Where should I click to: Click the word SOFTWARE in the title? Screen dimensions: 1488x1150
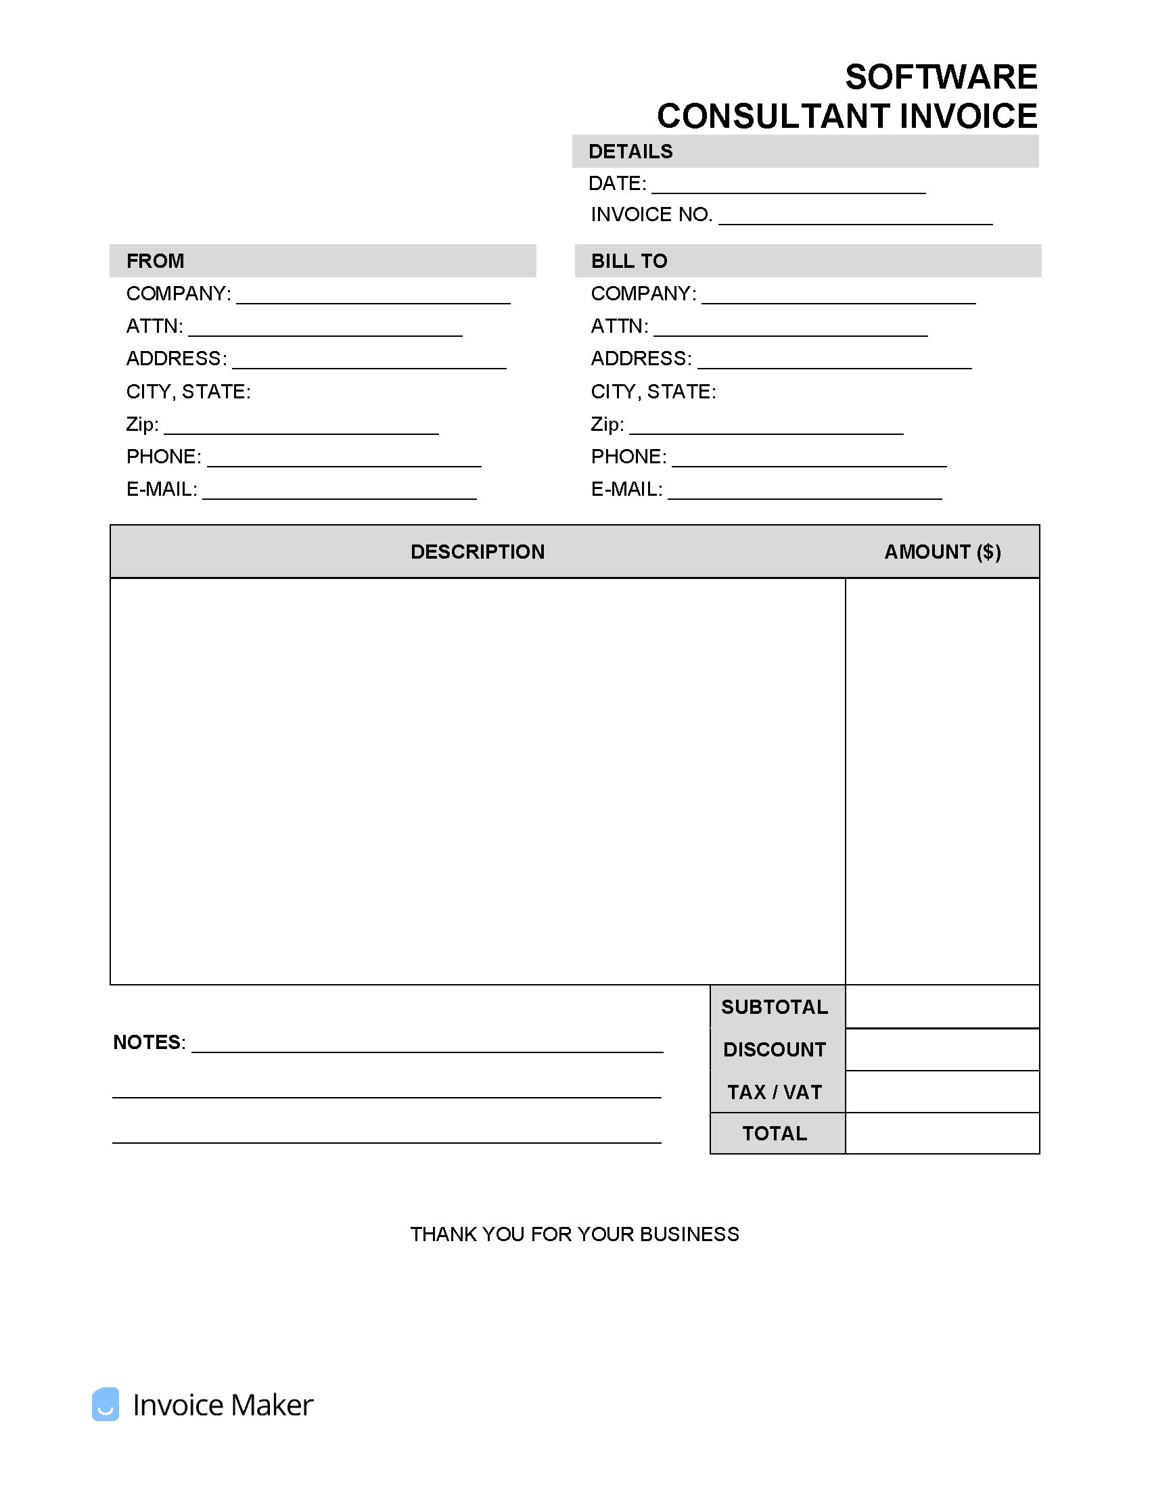(940, 77)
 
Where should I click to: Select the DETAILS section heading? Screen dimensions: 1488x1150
(630, 152)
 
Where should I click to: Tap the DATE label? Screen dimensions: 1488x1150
(616, 183)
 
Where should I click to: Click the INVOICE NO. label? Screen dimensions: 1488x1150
(651, 214)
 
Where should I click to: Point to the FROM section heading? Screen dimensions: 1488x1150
(156, 261)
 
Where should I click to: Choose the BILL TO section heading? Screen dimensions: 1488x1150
(629, 261)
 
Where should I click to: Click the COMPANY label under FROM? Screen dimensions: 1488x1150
(179, 294)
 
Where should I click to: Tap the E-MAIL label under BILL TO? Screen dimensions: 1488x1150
(626, 489)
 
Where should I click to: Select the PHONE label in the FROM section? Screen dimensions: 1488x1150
(164, 457)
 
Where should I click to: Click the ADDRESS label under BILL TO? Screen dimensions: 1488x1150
(641, 358)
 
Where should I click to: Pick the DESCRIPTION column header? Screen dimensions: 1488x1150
(478, 552)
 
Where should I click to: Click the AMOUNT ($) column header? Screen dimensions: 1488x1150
(942, 552)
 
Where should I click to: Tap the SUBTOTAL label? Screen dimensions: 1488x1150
(775, 1007)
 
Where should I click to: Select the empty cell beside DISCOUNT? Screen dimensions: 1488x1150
(942, 1050)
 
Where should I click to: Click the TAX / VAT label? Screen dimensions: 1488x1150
(775, 1092)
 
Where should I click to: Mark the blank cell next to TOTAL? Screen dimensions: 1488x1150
(942, 1134)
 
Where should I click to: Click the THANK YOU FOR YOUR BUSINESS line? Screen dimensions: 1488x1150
(574, 1234)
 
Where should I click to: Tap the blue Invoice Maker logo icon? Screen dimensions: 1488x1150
(106, 1404)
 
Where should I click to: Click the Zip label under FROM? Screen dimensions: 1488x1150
(141, 425)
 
